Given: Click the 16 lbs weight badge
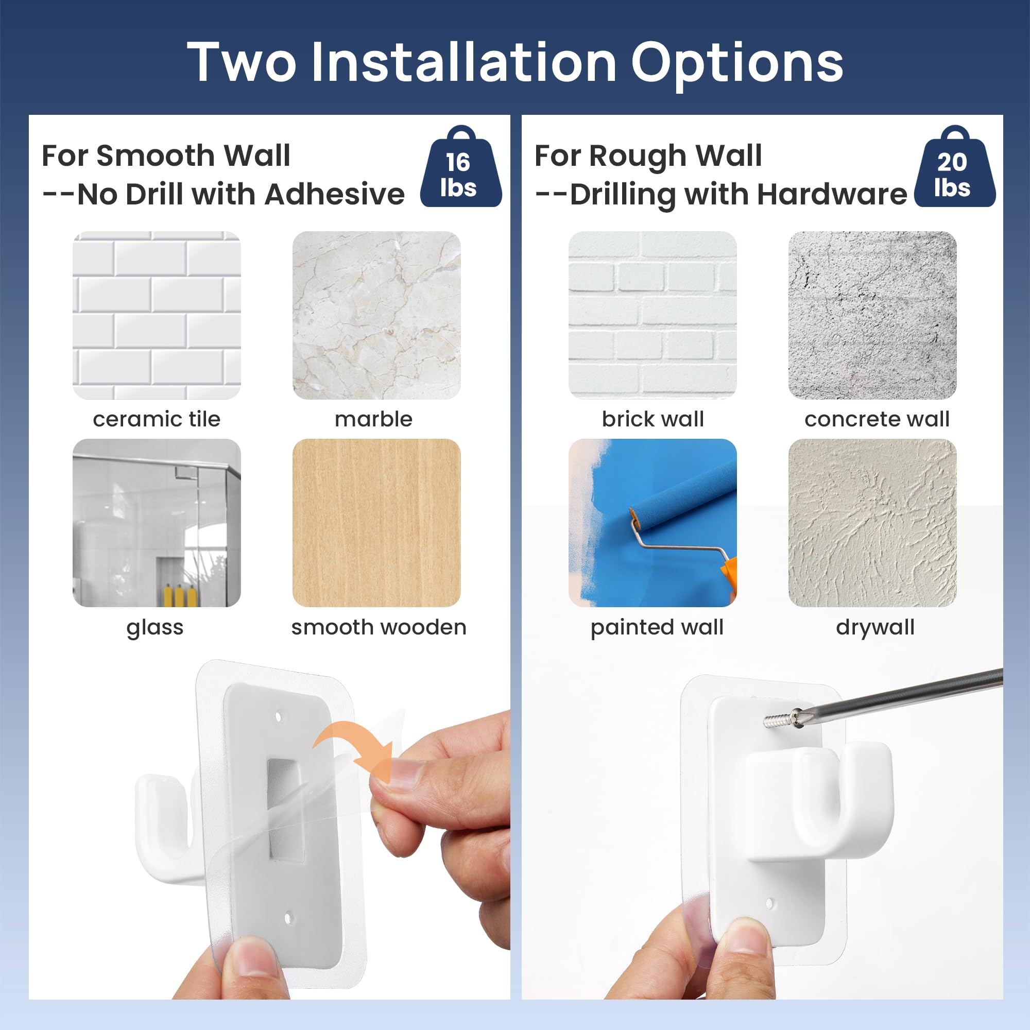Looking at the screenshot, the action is tap(460, 167).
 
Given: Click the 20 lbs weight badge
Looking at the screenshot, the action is tap(954, 167).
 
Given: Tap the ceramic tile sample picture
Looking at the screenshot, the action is tap(157, 315).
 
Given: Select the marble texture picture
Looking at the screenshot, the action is tap(376, 315).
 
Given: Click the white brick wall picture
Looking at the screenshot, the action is tap(653, 315).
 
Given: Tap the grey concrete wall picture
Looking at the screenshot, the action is tap(872, 315).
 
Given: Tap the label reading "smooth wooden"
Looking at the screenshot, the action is tap(379, 627).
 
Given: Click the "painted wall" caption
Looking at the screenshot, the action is tap(657, 627).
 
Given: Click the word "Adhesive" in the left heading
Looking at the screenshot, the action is tap(334, 194).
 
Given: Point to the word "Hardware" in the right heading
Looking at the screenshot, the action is tap(832, 194).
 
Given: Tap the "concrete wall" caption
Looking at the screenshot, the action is tap(877, 419).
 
